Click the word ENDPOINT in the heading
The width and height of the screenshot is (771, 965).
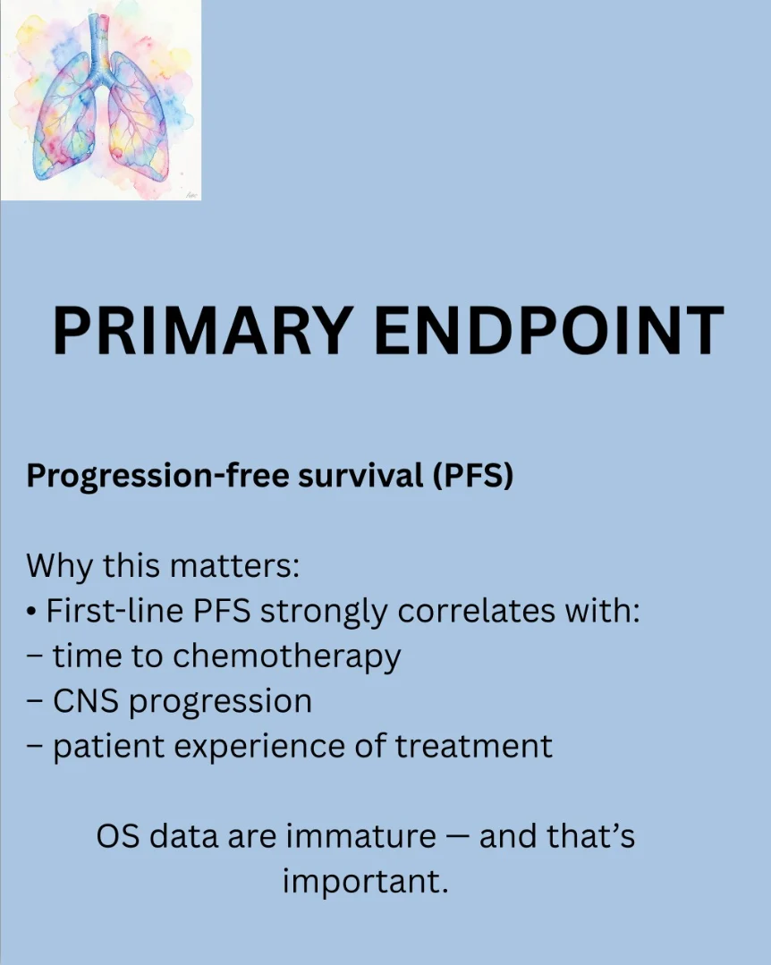click(549, 331)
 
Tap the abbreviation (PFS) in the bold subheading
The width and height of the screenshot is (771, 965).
click(472, 476)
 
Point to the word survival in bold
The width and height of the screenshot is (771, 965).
click(361, 475)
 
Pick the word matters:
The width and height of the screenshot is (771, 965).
click(234, 566)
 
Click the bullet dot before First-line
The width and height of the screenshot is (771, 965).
click(31, 613)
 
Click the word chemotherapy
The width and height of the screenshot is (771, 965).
click(287, 657)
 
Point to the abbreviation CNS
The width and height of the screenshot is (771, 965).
click(86, 701)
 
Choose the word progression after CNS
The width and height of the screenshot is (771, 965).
click(220, 703)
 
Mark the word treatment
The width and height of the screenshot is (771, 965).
click(473, 746)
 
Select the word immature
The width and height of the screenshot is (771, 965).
click(361, 836)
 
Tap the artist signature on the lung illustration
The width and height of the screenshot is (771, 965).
click(191, 194)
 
